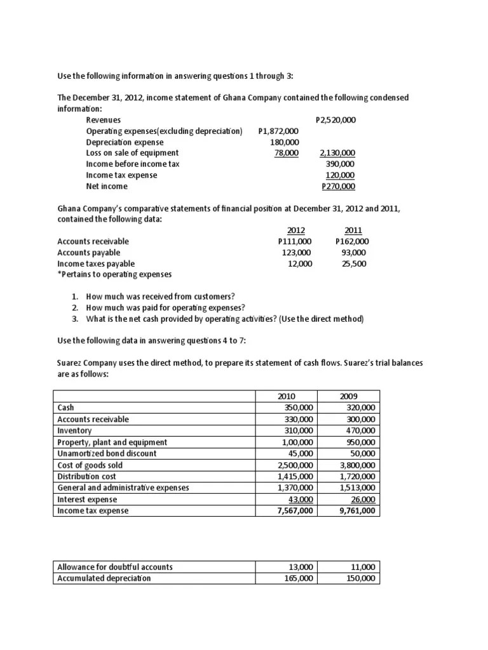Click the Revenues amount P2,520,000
click(335, 119)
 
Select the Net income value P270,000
click(339, 186)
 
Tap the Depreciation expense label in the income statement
click(125, 142)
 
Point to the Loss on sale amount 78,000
click(287, 153)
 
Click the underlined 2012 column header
click(296, 230)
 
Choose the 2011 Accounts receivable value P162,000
click(351, 241)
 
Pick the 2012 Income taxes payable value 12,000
click(300, 263)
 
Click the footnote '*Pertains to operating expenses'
click(114, 274)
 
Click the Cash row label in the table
click(65, 408)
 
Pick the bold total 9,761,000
click(357, 510)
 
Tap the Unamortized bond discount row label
click(107, 453)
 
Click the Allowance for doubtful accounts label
click(115, 567)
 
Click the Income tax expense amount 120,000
click(340, 175)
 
